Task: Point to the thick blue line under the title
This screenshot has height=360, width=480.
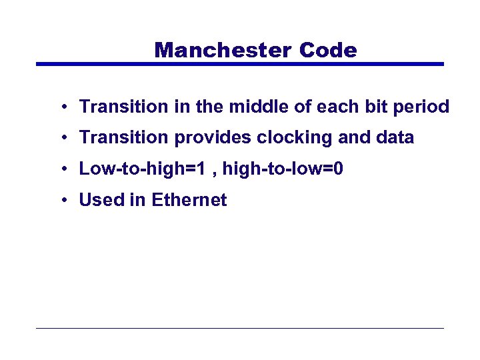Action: [240, 64]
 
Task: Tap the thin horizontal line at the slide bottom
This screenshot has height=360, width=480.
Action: [240, 328]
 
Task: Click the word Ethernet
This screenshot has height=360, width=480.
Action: [189, 200]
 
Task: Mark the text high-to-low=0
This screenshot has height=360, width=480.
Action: [283, 169]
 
